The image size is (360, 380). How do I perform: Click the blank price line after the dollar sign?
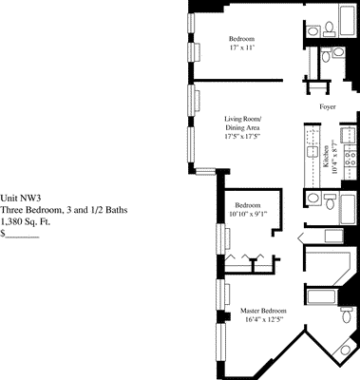coord(26,232)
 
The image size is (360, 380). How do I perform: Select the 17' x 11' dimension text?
coord(244,47)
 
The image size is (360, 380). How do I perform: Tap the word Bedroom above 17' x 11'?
coord(244,37)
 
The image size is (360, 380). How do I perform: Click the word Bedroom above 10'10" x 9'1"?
coord(249,204)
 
